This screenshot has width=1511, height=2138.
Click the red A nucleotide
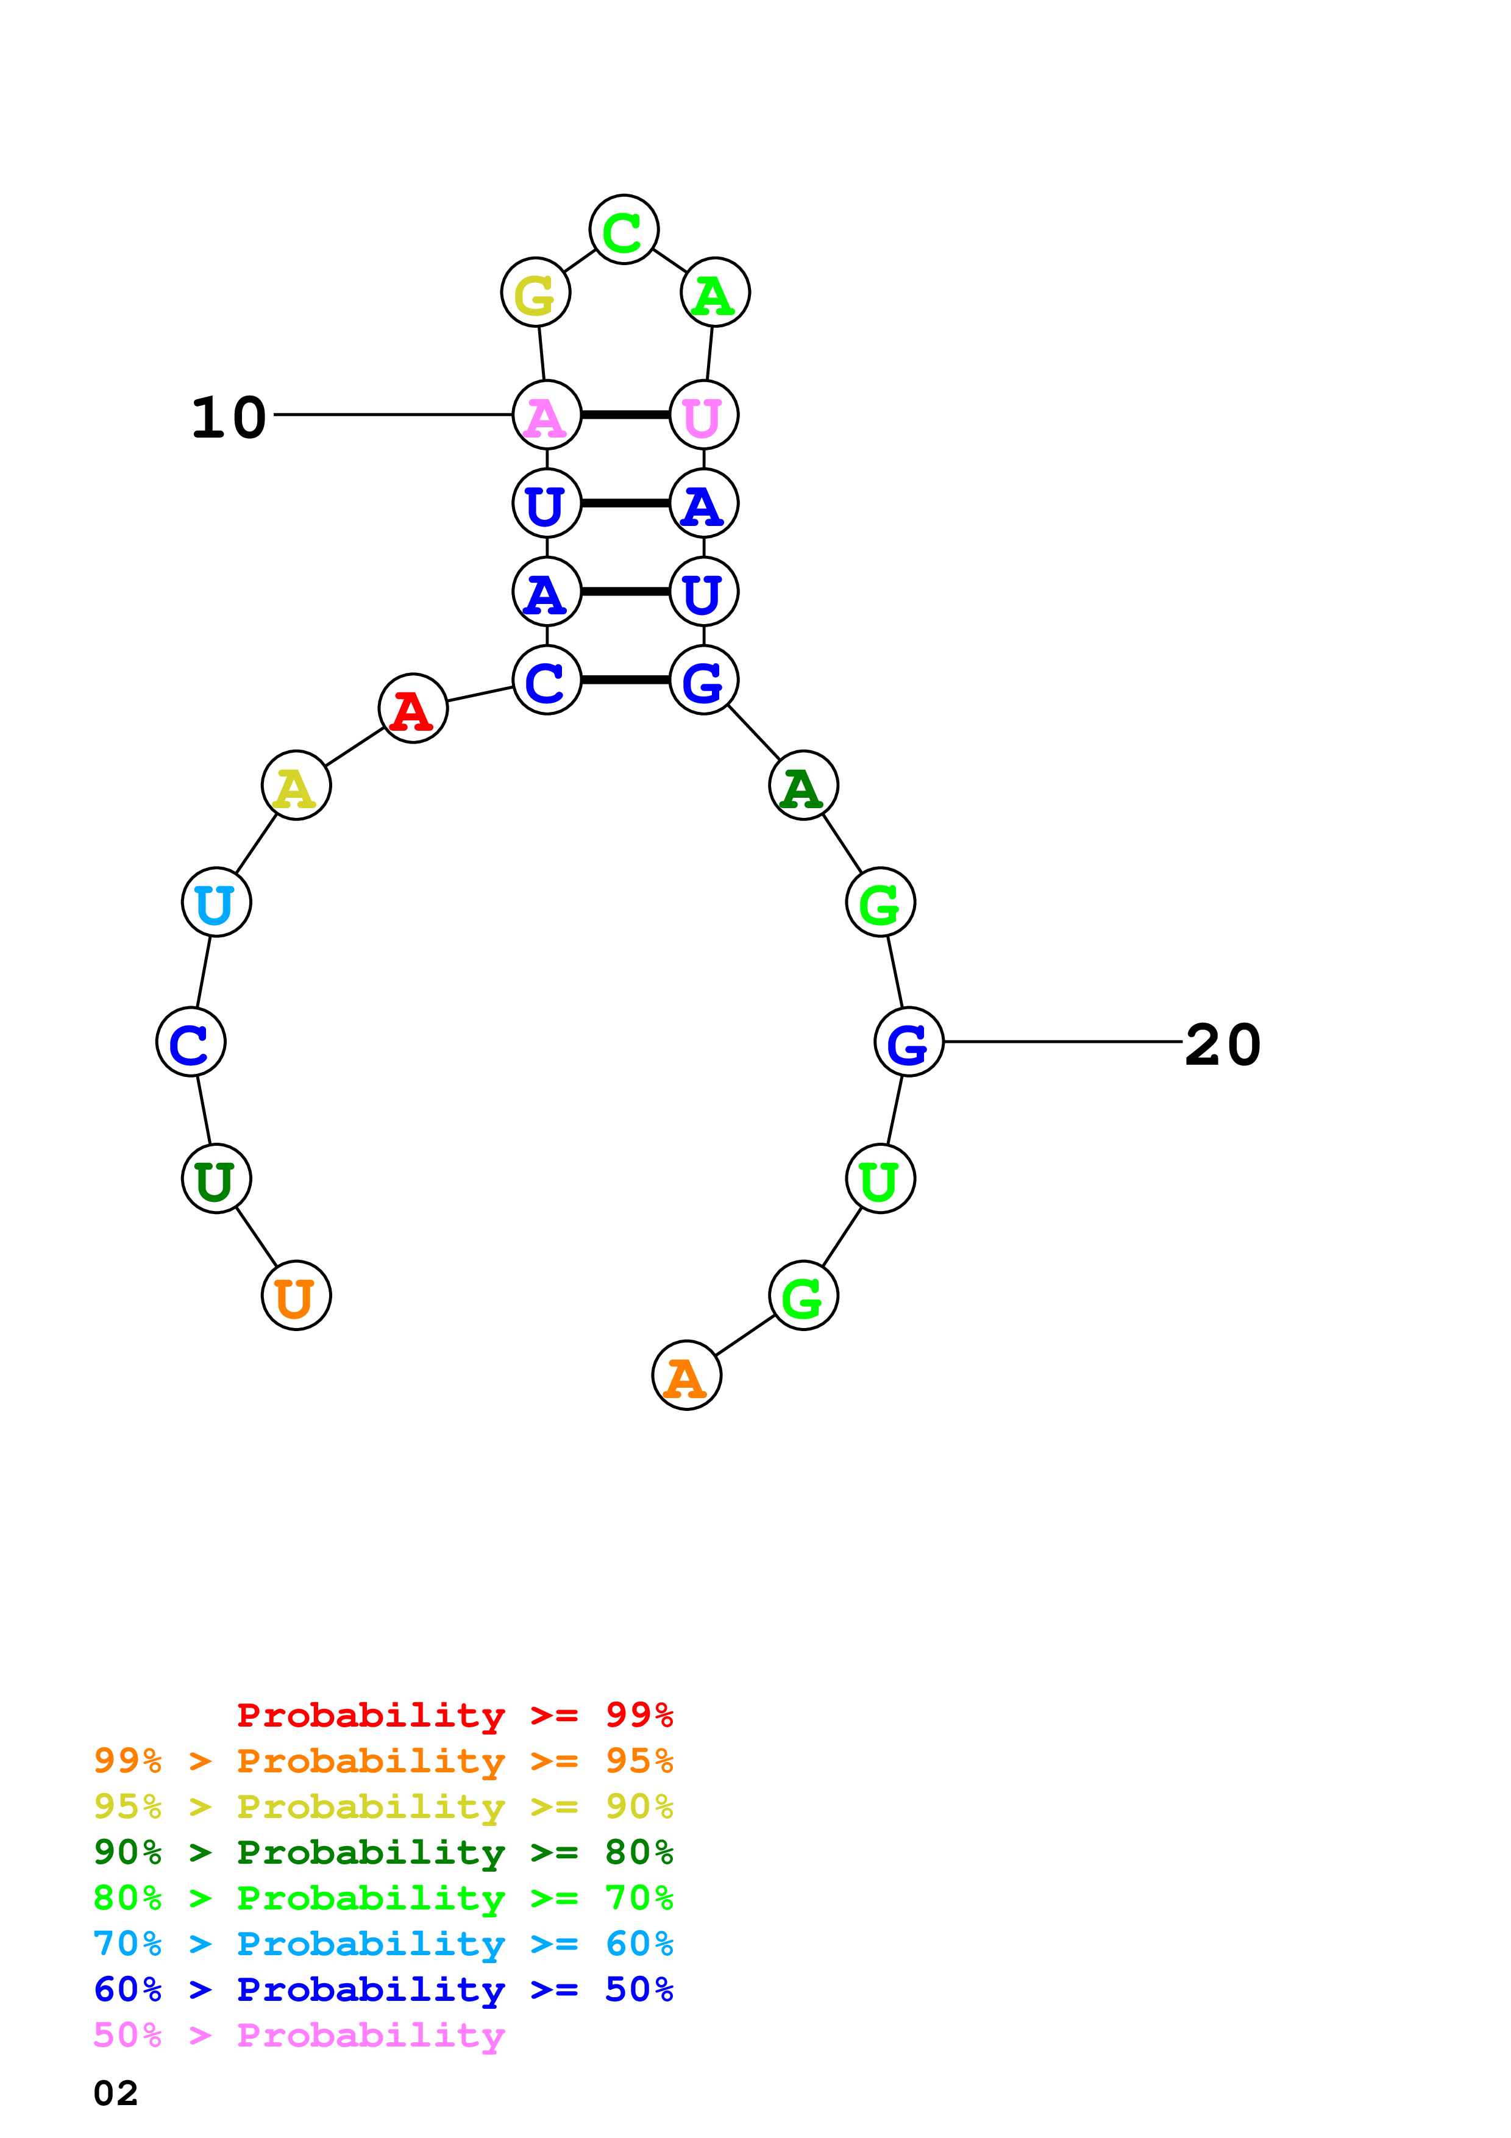pos(413,709)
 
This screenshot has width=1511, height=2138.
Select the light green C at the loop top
pos(624,229)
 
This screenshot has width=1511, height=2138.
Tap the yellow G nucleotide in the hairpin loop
pos(535,293)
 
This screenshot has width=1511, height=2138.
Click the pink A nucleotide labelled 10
pos(547,414)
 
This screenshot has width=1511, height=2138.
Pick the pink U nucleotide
pos(704,414)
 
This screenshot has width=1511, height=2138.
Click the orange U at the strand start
pos(296,1295)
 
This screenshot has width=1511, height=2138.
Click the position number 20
pos(1223,1044)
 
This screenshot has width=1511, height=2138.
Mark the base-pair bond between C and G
pos(625,680)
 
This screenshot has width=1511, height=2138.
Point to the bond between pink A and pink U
pos(625,414)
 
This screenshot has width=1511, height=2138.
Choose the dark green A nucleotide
pos(803,785)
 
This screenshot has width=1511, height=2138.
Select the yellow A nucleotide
pos(296,785)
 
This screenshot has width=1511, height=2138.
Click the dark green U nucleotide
pos(216,1179)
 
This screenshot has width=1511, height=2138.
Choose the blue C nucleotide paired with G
pos(547,680)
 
